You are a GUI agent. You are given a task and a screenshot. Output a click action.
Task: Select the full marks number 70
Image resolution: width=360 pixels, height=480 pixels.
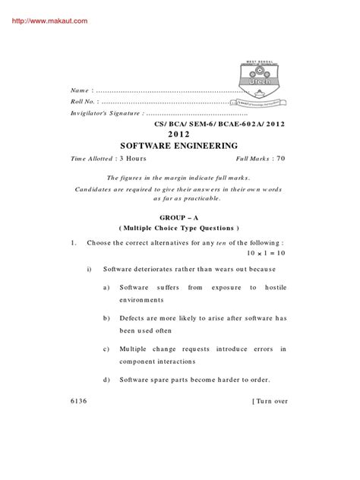point(280,159)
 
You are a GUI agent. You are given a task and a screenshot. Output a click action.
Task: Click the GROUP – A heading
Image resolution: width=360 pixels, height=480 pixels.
point(179,216)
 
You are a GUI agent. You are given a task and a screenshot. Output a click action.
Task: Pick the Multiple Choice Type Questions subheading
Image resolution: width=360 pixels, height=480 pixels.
point(179,228)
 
